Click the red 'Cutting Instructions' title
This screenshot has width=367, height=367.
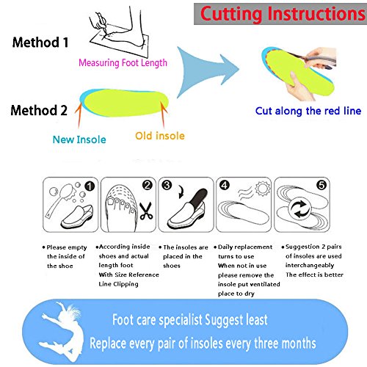click(x=283, y=14)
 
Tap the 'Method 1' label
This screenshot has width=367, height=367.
click(x=40, y=43)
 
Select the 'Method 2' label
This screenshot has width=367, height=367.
click(x=39, y=110)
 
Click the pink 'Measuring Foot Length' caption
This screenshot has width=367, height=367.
click(x=123, y=63)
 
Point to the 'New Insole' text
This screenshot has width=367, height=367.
click(x=79, y=139)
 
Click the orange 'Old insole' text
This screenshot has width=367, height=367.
click(x=160, y=136)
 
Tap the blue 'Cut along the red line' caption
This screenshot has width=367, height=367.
click(x=308, y=111)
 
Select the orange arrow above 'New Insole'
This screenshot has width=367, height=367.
click(x=78, y=115)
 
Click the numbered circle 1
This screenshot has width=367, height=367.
click(x=90, y=186)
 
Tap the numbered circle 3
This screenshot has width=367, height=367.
click(x=167, y=185)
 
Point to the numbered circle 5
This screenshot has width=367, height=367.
click(x=321, y=185)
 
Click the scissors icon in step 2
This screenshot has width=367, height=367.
click(x=146, y=211)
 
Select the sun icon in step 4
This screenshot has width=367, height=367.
click(x=262, y=189)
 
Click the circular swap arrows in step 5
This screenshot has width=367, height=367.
click(x=301, y=209)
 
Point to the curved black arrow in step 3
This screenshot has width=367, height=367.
click(x=181, y=192)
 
